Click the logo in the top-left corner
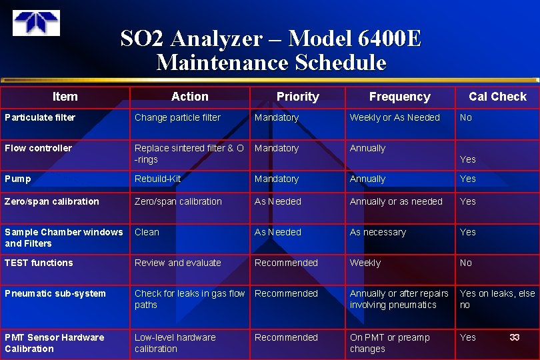coord(36,23)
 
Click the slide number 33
coord(514,337)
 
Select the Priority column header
coord(297,97)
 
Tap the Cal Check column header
coord(497,97)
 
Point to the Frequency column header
coord(399,97)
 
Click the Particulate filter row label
coord(40,117)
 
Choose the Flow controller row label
coord(38,148)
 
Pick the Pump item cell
coord(18,179)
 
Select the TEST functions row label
coord(39,263)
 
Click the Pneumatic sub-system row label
coord(55,293)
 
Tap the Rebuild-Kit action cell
coord(157,179)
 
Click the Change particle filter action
coord(177,117)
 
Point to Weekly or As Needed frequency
coord(395,117)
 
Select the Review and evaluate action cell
coord(177,263)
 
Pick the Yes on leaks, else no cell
coord(497,299)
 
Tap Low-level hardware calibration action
coord(175,343)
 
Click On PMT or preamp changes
coord(389,343)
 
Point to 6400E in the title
coord(391,39)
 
